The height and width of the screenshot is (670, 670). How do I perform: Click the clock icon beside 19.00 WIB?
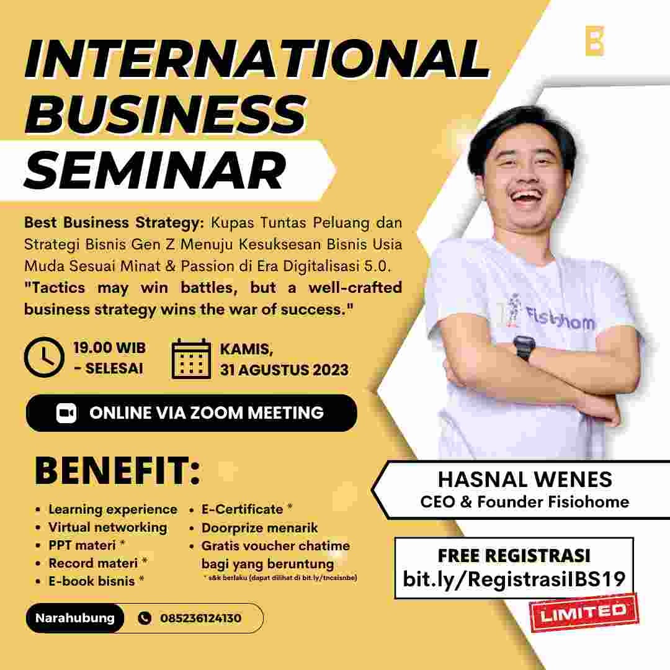(43, 357)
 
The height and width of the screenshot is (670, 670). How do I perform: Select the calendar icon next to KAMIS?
(192, 359)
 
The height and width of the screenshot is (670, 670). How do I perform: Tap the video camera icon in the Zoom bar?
(66, 413)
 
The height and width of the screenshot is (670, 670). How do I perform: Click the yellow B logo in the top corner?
(594, 41)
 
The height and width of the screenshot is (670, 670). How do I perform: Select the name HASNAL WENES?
(525, 480)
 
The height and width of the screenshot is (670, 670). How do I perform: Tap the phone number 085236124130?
(200, 619)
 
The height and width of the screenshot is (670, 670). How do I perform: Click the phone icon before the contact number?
(145, 619)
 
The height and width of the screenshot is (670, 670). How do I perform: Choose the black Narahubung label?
(74, 619)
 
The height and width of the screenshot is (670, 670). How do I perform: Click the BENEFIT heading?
(118, 471)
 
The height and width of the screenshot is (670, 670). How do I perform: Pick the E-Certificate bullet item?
(243, 509)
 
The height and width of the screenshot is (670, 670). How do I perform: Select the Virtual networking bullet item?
(108, 527)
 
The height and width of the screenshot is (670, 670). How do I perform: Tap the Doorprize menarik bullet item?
(259, 528)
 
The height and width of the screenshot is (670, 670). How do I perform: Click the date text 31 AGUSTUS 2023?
(284, 370)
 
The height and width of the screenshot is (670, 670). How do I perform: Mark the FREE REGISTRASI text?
(514, 555)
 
